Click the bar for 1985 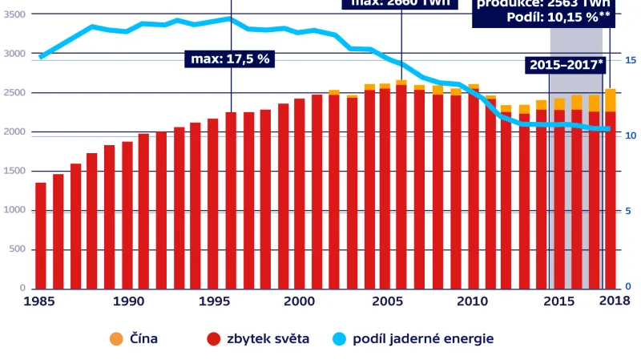coord(41,236)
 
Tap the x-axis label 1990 coord(128,301)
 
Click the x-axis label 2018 coord(614,301)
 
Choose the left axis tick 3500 coord(14,15)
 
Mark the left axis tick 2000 coord(14,132)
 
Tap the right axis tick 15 coord(631,60)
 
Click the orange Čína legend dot coord(115,338)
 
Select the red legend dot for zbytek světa coord(213,338)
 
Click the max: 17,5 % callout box coord(230,59)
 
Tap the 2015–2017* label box coord(565,65)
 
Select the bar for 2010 coord(473,186)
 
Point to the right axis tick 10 coord(631,136)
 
